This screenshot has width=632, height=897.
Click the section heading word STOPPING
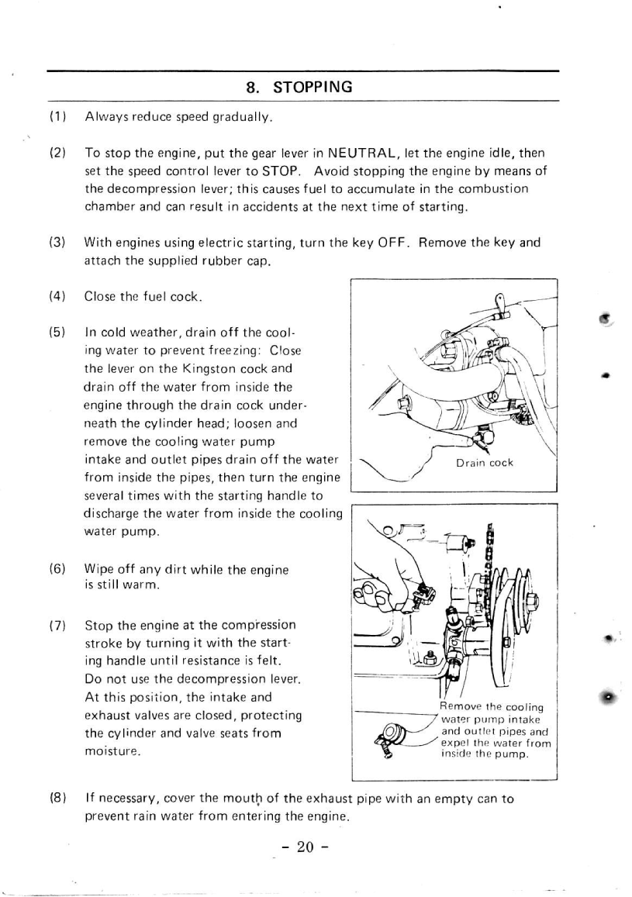(x=313, y=87)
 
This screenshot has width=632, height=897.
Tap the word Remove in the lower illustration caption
(x=461, y=707)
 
